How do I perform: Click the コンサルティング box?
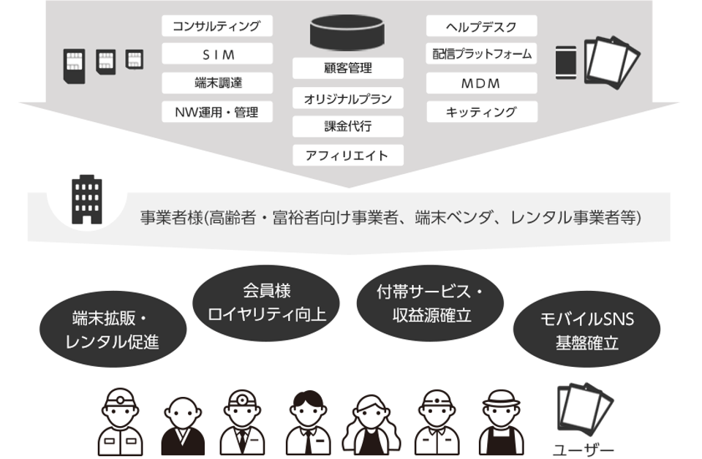click(x=216, y=27)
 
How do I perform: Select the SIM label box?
click(x=216, y=55)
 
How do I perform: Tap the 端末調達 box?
click(x=216, y=83)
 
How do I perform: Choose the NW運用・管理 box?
click(x=216, y=112)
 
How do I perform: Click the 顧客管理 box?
click(x=348, y=69)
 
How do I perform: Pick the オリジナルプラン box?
click(x=348, y=98)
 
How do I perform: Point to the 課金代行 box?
click(x=348, y=126)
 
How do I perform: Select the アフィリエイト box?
click(x=348, y=155)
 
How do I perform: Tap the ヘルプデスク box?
click(x=481, y=27)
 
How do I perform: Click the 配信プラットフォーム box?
click(x=481, y=55)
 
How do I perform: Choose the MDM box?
click(x=481, y=83)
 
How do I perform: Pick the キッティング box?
click(x=481, y=112)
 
